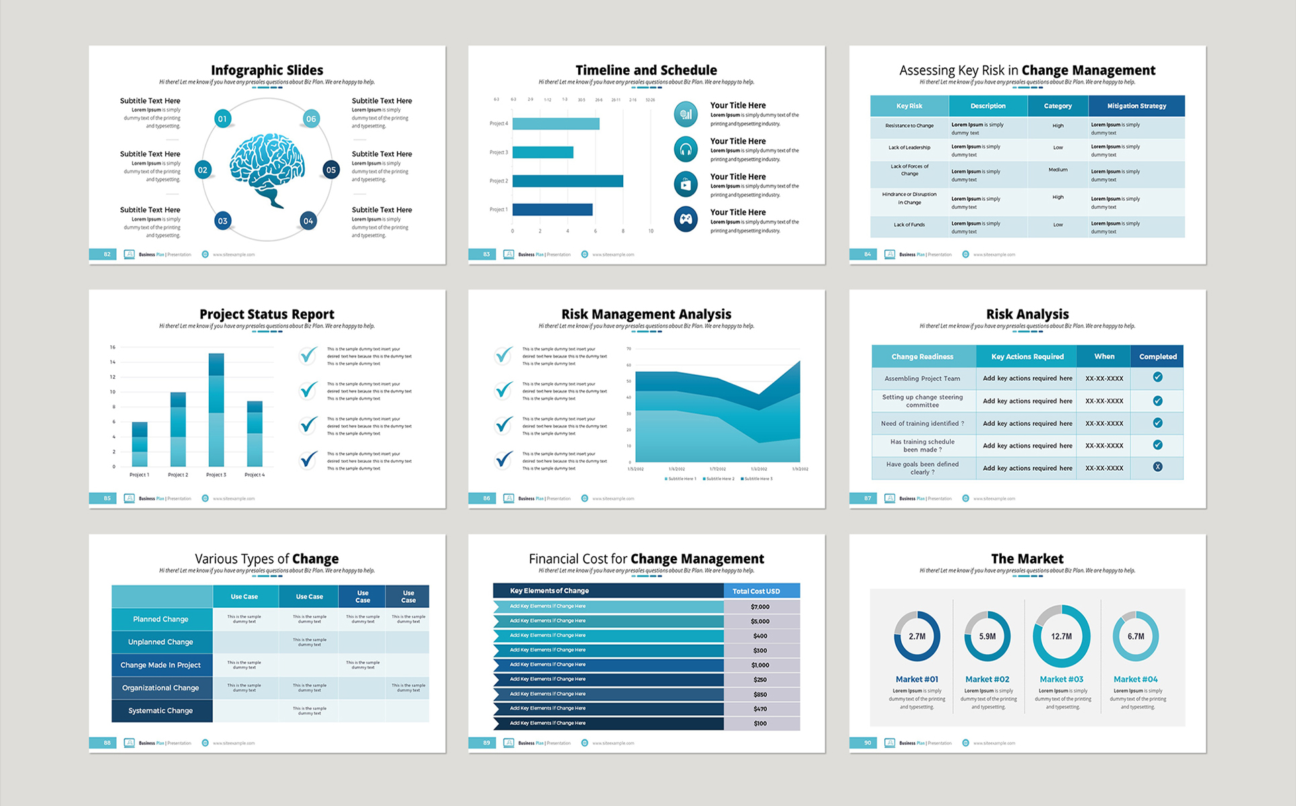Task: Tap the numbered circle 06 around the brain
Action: coord(311,119)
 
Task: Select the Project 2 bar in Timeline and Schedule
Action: coord(567,181)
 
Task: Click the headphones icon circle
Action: coord(685,149)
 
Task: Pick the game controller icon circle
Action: coord(685,219)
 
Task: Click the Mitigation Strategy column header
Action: coord(1136,106)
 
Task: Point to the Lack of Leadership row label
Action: coord(909,148)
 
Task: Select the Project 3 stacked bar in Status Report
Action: coord(216,410)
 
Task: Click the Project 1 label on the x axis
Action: coord(139,475)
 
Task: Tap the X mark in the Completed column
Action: coord(1158,467)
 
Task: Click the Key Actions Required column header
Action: coord(1027,357)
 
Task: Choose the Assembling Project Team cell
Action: coord(922,378)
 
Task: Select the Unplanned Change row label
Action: coord(161,642)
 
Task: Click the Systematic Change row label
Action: coord(161,711)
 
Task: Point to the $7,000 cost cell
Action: coord(760,607)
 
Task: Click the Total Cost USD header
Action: coord(756,591)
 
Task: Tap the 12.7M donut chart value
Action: coord(1061,636)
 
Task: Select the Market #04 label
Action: coord(1136,680)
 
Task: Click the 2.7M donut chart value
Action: coord(917,636)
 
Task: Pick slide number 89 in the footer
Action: coord(486,743)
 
